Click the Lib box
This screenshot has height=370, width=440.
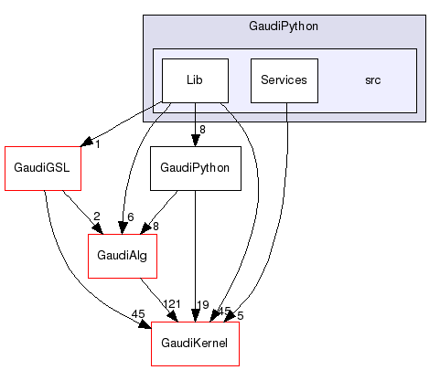coord(195,80)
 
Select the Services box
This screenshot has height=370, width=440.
coord(284,80)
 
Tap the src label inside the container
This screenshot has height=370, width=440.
coord(372,80)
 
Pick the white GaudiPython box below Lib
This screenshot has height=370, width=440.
coord(195,168)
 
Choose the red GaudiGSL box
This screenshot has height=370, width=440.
coord(43,168)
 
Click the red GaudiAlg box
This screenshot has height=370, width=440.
coord(123,256)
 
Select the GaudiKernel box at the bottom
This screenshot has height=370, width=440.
coord(195,344)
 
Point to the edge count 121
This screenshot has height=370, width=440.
coord(172,303)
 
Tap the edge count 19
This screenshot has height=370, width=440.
coord(203,303)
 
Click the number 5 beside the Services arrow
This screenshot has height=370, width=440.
coord(240,314)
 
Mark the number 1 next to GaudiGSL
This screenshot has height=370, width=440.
coord(97,144)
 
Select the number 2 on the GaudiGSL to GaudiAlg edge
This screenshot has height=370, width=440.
coord(96,217)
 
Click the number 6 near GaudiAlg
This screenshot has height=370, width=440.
coord(131,217)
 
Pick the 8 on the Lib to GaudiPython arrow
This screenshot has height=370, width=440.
coord(202,129)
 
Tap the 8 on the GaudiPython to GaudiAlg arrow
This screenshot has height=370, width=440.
coord(155,226)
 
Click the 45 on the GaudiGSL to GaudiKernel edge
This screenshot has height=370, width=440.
coord(138,314)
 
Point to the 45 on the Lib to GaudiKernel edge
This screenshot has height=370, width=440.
coord(224,312)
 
